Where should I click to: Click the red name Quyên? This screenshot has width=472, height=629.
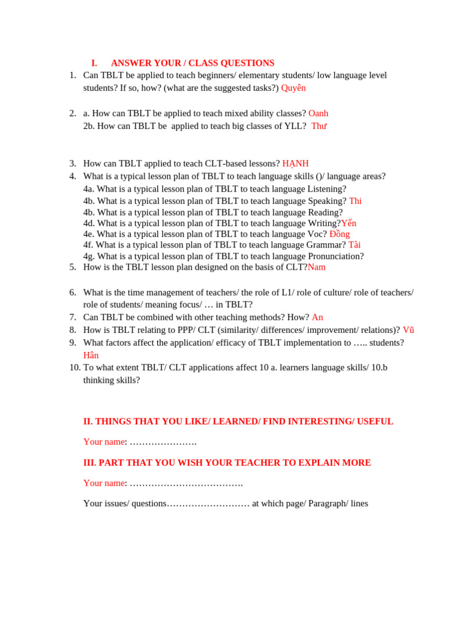point(293,88)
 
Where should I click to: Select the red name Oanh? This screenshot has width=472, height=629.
point(318,113)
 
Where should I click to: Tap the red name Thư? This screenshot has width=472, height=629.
point(319,126)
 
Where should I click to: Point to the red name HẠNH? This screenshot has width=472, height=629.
point(296,163)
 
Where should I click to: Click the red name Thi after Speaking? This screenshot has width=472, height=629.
point(355,201)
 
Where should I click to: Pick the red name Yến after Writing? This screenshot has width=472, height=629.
point(348,223)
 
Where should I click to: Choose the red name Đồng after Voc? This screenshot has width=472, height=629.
point(339,234)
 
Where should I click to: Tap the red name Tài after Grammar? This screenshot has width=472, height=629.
point(355,244)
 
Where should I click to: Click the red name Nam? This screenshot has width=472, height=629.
point(317,267)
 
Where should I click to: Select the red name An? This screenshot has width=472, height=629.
point(317,317)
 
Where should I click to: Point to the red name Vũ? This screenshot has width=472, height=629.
point(408,330)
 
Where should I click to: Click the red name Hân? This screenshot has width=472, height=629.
point(91,355)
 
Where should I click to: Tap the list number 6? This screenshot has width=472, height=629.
point(73,292)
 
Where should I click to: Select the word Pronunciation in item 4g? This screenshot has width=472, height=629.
point(336,256)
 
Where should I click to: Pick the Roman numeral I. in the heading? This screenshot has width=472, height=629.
point(94,63)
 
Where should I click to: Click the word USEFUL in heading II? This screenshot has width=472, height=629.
point(375,421)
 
